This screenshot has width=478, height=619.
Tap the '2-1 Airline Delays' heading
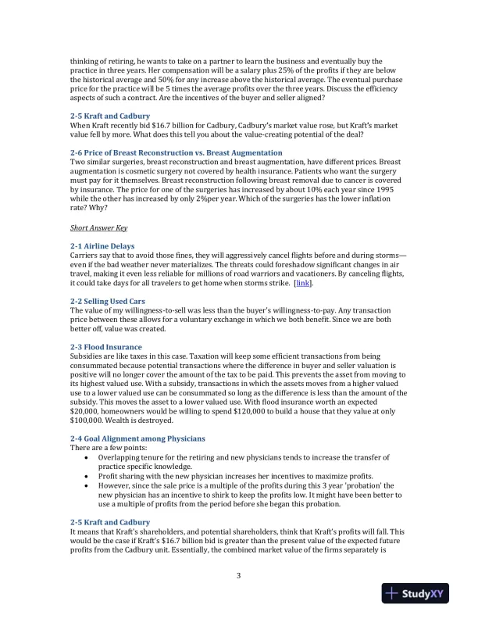pyautogui.click(x=102, y=246)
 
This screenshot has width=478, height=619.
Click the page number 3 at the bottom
pyautogui.click(x=239, y=577)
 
